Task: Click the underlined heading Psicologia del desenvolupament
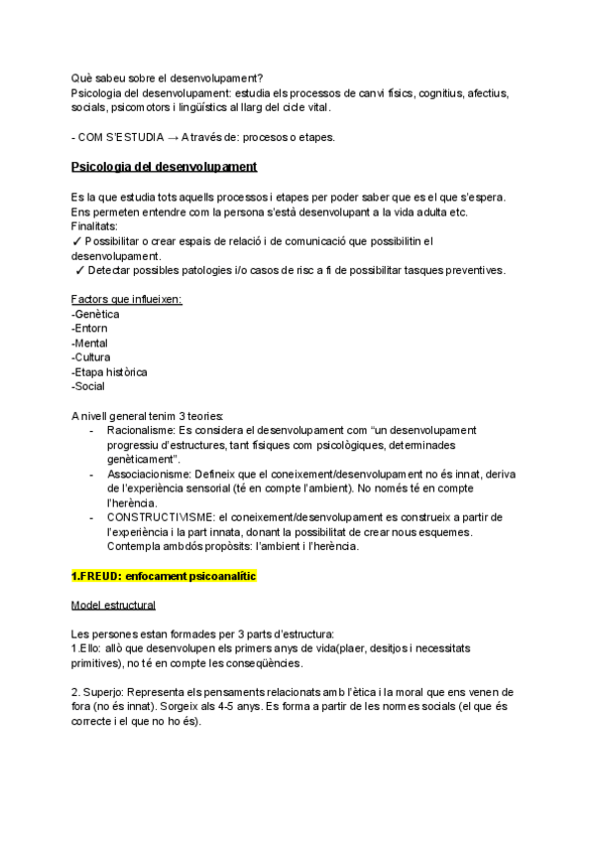164,166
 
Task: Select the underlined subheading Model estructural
113,605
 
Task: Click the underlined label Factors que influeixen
126,299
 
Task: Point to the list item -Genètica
97,314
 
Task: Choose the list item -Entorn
90,328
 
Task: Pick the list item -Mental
91,343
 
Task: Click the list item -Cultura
91,356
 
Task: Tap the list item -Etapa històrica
109,371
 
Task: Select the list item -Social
89,385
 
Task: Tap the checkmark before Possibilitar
76,240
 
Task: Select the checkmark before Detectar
79,270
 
